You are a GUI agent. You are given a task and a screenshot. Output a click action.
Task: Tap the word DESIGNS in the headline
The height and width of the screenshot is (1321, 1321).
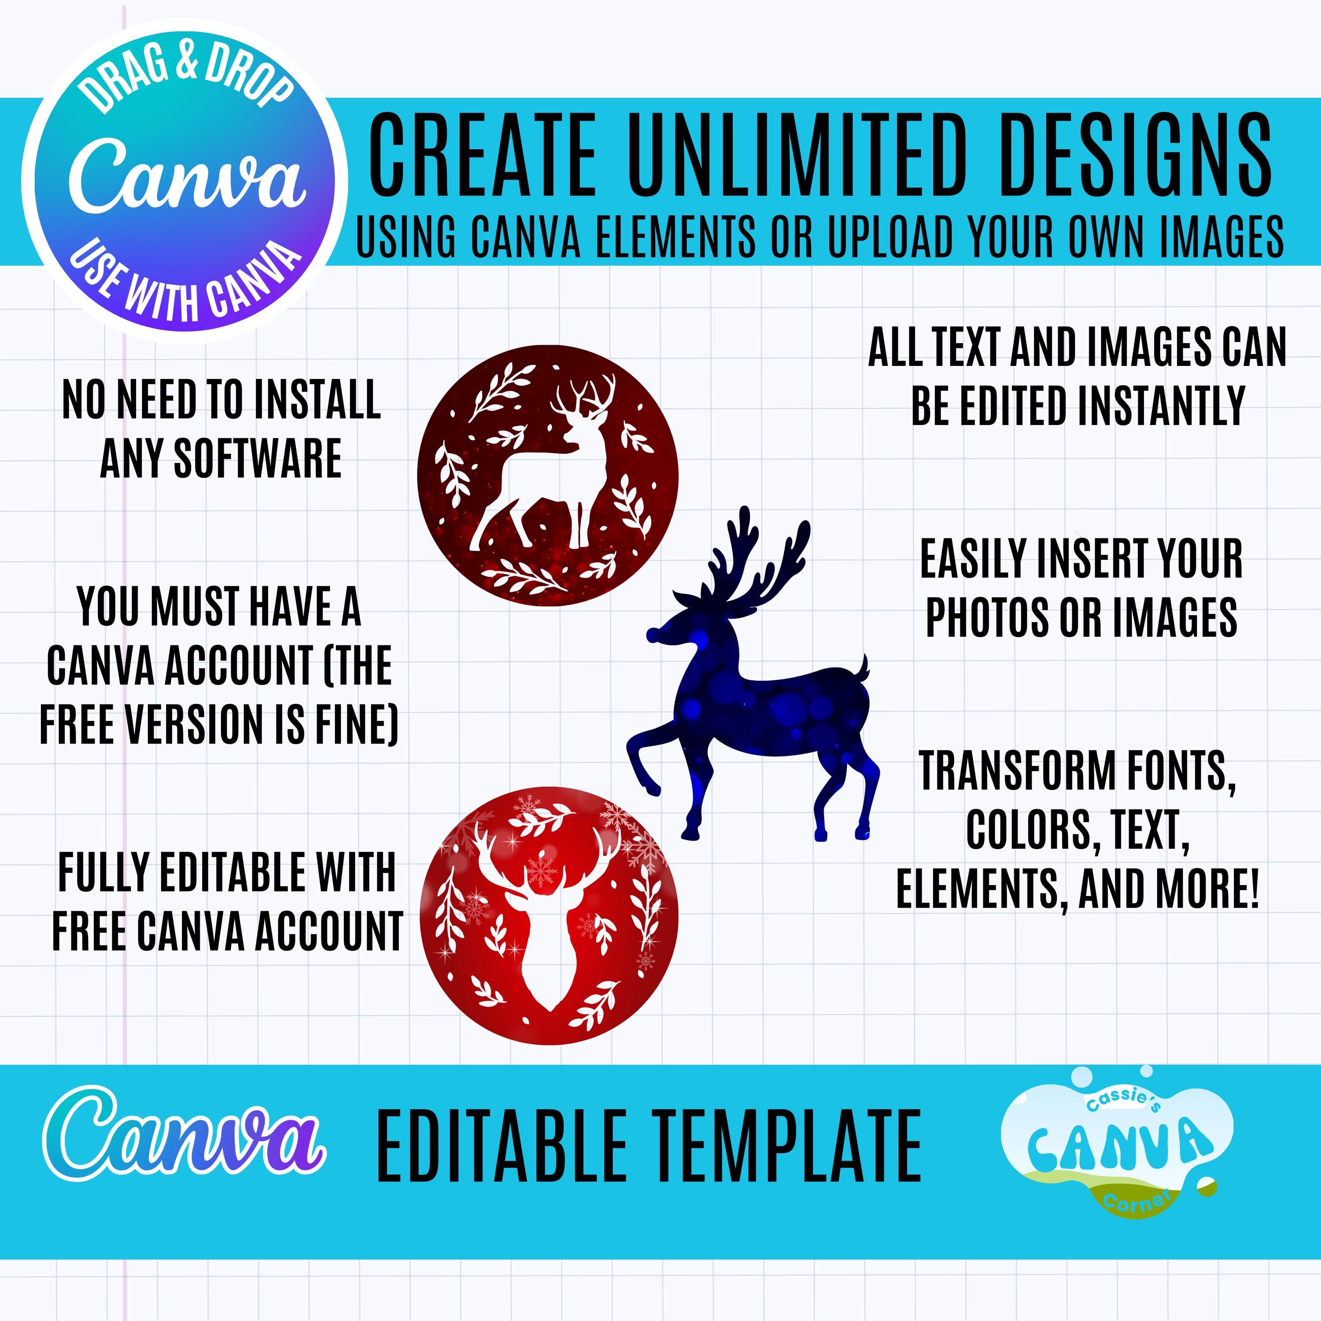click(1136, 155)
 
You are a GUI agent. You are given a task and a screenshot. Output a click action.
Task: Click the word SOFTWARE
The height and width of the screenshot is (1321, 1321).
click(258, 458)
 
